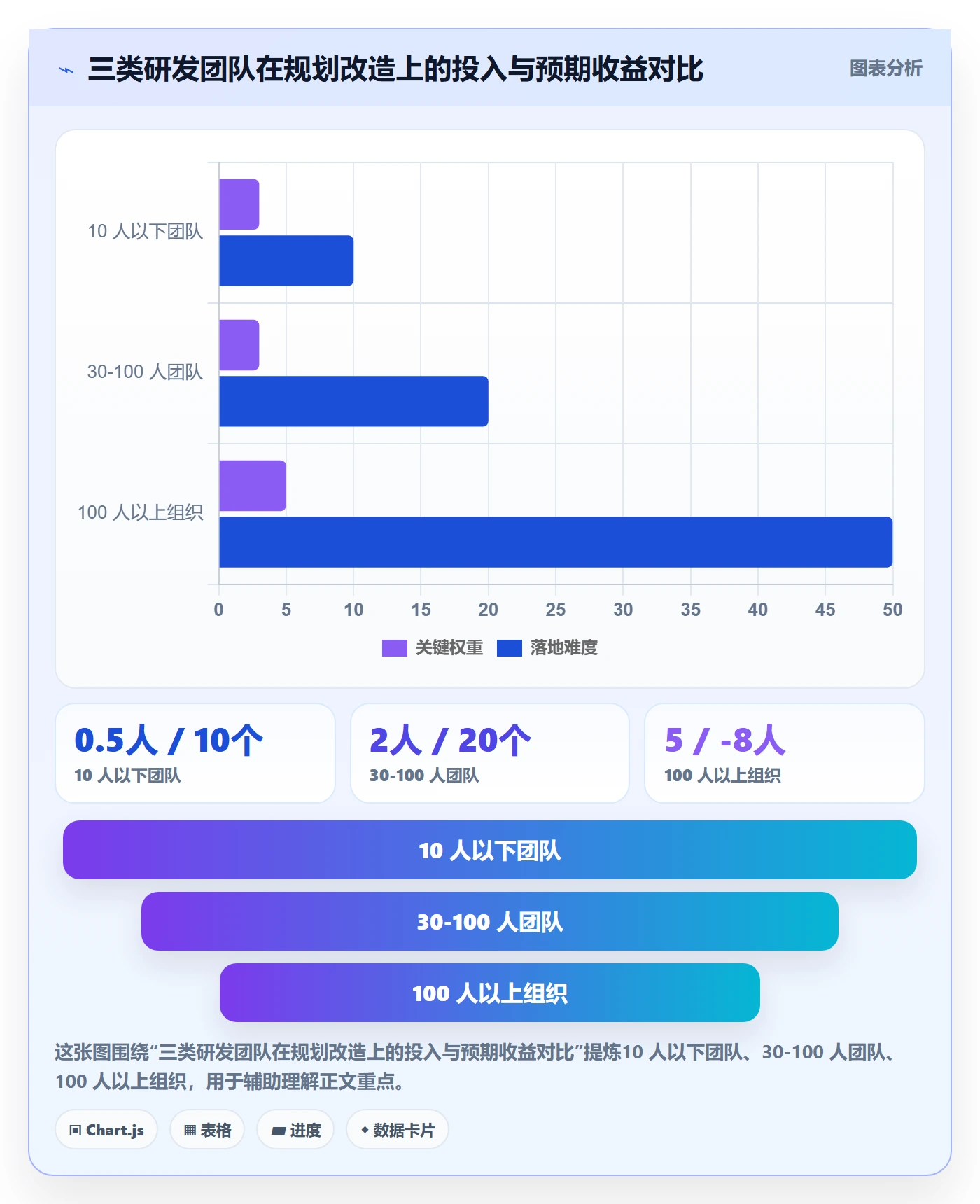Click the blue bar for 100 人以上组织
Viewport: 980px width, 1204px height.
point(556,542)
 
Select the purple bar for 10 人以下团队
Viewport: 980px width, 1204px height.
point(239,204)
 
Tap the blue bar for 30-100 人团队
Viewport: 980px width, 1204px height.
point(353,401)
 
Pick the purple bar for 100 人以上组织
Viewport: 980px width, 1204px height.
point(253,486)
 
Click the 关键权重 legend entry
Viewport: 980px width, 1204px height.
point(433,647)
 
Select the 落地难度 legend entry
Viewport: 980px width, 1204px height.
point(547,647)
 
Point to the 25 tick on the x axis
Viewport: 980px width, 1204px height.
point(556,610)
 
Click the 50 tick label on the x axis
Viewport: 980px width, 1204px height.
point(892,610)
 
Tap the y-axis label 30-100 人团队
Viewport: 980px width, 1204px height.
point(145,372)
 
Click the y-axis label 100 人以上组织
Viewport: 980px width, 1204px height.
point(140,512)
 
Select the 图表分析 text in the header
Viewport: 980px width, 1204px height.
point(885,68)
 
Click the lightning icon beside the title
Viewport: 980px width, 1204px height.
point(66,70)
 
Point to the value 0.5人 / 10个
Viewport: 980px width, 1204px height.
point(169,740)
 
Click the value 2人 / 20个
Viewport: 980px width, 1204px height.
point(450,740)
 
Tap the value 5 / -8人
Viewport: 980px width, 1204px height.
point(725,740)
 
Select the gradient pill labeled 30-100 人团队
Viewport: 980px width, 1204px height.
point(490,921)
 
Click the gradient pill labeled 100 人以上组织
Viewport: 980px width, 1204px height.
point(490,993)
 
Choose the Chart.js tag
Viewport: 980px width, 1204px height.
point(106,1129)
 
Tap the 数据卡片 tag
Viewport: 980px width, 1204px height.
point(397,1129)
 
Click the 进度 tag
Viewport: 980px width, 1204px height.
point(295,1129)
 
